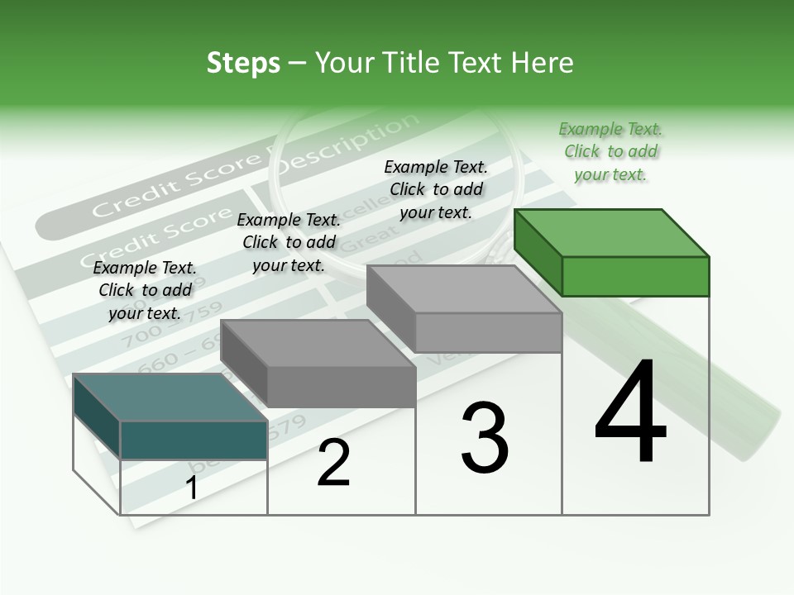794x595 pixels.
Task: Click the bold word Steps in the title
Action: (242, 63)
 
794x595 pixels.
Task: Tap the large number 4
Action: (630, 413)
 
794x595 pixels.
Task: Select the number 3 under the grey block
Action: (484, 438)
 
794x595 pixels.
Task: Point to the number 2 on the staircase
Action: (333, 464)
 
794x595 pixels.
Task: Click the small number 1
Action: (191, 488)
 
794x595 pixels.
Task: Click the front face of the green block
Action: (635, 276)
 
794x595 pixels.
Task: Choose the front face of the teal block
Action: (194, 440)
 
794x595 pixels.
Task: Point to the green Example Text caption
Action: (610, 151)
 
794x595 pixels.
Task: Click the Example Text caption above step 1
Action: (145, 290)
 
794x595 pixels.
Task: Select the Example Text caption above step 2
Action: (289, 242)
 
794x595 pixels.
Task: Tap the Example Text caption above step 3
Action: (436, 189)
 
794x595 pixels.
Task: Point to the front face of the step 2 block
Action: (342, 387)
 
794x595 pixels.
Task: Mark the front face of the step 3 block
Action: (488, 333)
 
